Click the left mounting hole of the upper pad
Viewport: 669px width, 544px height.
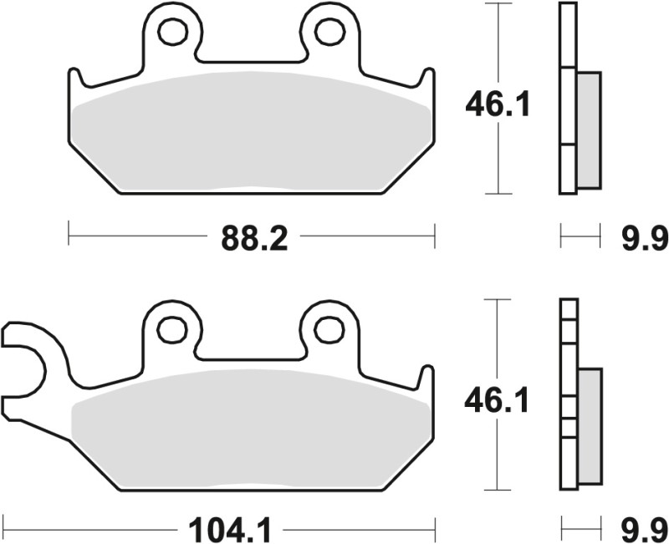(172, 31)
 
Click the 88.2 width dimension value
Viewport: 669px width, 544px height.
(254, 240)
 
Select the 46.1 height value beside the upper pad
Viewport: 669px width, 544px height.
(498, 105)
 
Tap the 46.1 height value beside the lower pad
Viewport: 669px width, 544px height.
(498, 403)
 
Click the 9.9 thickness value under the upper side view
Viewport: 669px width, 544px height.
(644, 240)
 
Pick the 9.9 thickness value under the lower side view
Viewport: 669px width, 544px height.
(644, 529)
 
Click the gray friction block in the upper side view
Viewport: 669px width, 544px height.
(589, 130)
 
